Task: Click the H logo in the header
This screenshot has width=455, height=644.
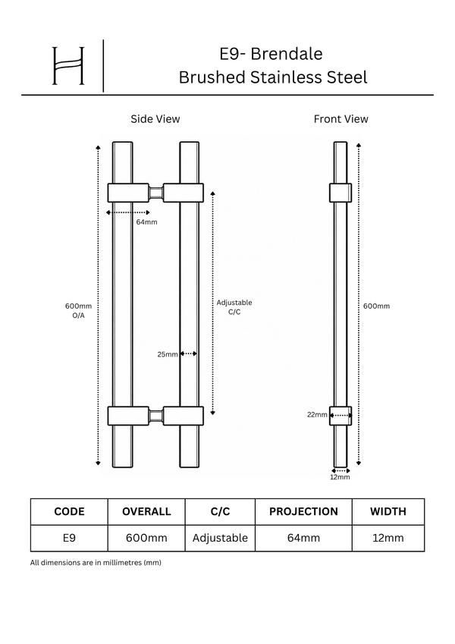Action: (68, 66)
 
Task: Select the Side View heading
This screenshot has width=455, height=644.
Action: (155, 119)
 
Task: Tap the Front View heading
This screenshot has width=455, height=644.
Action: (340, 119)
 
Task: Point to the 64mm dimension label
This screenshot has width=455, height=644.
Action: (146, 222)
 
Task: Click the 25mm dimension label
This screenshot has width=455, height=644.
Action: (168, 354)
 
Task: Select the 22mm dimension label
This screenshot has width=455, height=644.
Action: (317, 415)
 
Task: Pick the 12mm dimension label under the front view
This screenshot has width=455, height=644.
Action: (340, 477)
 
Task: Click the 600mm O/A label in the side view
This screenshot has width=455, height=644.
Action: (78, 311)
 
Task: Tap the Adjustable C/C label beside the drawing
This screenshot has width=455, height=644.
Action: (234, 307)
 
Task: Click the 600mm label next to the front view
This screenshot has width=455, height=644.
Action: (377, 306)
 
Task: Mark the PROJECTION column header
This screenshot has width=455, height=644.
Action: (303, 511)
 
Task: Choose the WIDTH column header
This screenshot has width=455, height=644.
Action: (388, 511)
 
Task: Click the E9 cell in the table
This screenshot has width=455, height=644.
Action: (69, 538)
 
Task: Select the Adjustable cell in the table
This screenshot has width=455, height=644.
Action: (220, 538)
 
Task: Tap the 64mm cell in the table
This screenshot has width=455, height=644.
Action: (303, 538)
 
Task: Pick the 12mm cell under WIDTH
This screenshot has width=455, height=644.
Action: (388, 538)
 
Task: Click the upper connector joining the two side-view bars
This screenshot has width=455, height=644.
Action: (155, 193)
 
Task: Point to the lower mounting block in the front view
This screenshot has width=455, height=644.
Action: (340, 416)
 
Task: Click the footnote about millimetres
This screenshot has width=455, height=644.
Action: (96, 563)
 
